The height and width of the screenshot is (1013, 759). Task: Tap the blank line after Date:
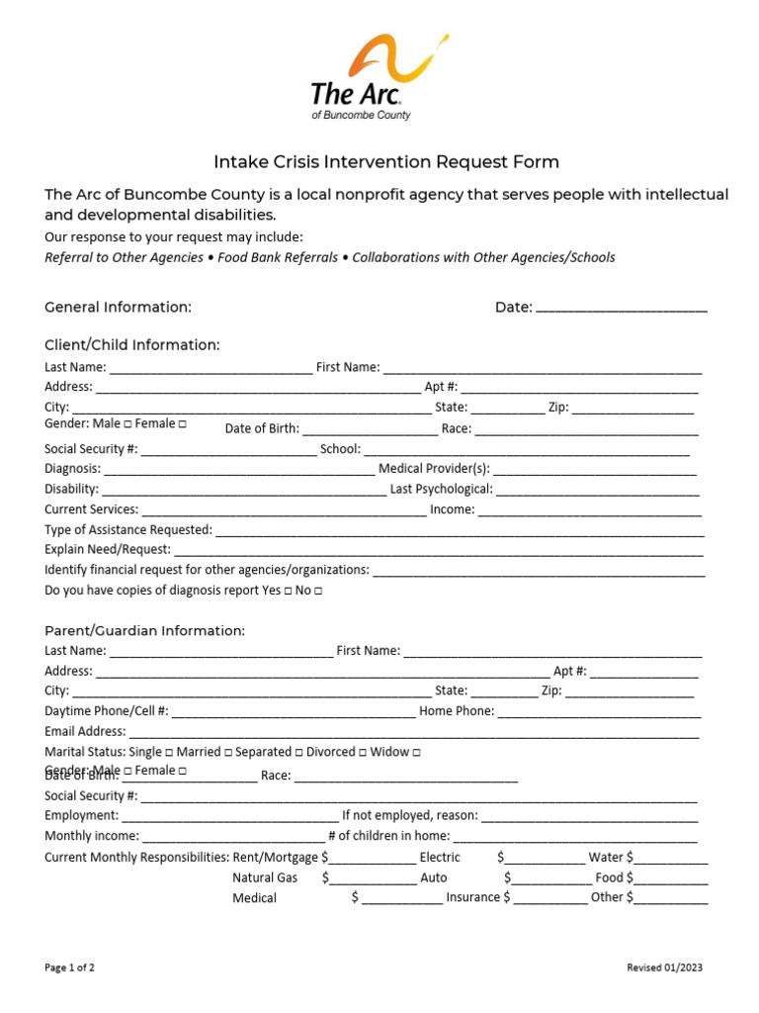[621, 308]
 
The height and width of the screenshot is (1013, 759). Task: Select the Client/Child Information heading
[132, 345]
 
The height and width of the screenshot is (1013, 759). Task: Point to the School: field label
[340, 449]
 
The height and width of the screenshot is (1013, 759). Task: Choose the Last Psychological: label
[441, 489]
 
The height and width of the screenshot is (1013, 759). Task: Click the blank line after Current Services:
[284, 510]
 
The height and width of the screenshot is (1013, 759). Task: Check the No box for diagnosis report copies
[318, 591]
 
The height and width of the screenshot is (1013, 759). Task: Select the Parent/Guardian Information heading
[144, 631]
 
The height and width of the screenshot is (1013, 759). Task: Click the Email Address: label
[85, 732]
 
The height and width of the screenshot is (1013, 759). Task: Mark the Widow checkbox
[416, 753]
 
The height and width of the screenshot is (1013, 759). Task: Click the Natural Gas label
[265, 877]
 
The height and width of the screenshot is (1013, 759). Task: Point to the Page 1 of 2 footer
[70, 967]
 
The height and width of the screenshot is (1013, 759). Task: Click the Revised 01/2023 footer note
[665, 967]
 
